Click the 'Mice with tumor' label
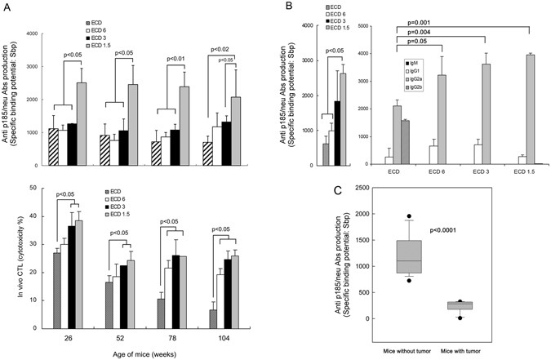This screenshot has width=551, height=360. (480, 349)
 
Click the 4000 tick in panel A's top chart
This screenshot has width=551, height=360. (29, 34)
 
